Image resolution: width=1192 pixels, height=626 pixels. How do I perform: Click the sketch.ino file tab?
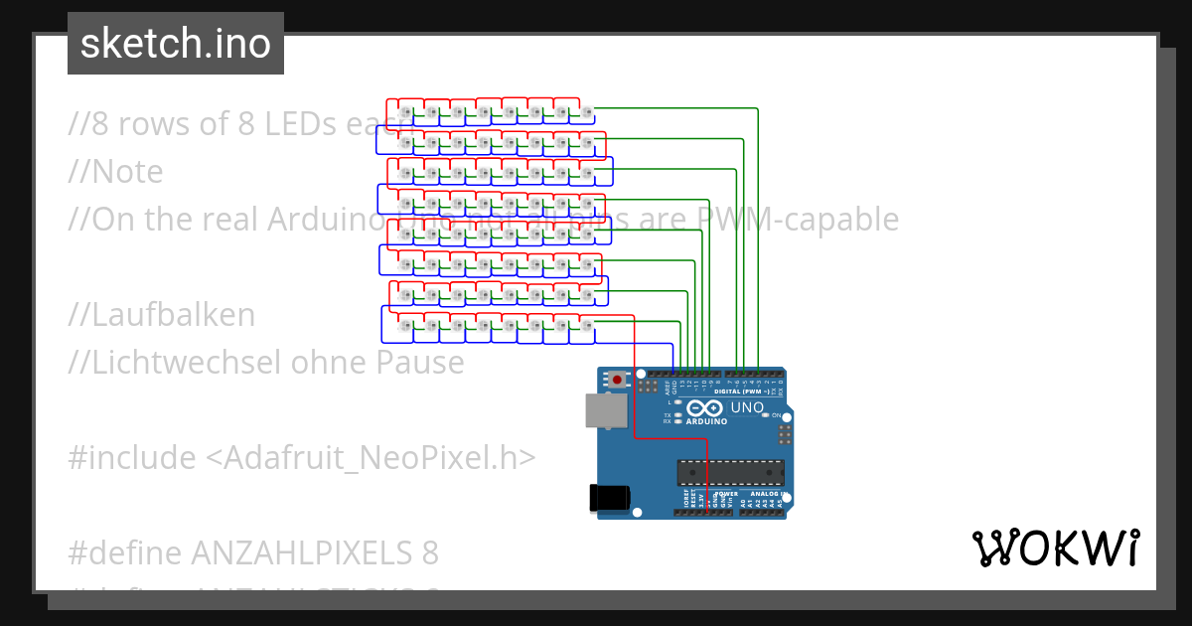(176, 44)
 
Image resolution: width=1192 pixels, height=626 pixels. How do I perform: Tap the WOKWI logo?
(1055, 548)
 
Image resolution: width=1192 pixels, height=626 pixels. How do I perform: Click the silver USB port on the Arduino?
(601, 410)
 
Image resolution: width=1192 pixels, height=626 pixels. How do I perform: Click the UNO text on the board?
(747, 407)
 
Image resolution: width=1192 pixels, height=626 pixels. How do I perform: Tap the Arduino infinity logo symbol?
(702, 408)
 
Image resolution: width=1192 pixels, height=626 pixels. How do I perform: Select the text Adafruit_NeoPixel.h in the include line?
(371, 458)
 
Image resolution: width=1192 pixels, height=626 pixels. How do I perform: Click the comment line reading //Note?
(115, 172)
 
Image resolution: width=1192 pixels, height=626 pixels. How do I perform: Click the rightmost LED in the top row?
(587, 114)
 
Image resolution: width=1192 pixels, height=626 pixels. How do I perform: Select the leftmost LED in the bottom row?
(404, 327)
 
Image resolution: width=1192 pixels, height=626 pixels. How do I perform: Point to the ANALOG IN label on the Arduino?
(769, 494)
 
